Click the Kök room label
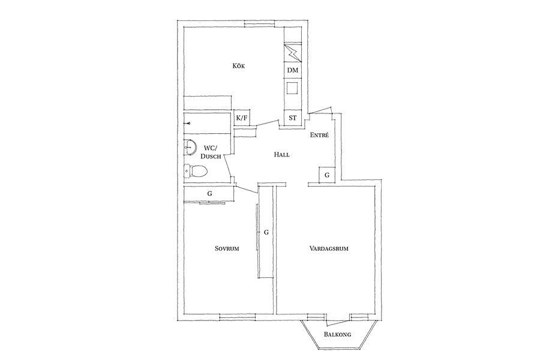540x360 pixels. pos(239,66)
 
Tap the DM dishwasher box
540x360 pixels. pos(293,70)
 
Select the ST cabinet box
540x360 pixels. pos(292,118)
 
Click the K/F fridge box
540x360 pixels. pos(242,118)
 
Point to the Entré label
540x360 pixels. pos(319,135)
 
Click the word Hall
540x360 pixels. pos(282,155)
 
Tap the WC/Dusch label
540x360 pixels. pos(211,152)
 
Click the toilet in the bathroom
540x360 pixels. pos(196,170)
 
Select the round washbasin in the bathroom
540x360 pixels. pos(190,148)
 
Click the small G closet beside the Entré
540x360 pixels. pos(327,175)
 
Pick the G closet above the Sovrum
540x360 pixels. pos(209,194)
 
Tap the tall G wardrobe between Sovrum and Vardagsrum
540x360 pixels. pos(266,232)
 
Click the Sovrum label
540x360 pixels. pos(227,248)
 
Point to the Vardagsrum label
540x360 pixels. pos(329,248)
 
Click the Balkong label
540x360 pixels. pos(337,334)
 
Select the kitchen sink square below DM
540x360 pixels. pos(293,88)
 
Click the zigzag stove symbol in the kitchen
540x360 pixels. pos(293,53)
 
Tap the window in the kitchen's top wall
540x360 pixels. pos(260,24)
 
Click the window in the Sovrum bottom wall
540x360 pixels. pos(238,317)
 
